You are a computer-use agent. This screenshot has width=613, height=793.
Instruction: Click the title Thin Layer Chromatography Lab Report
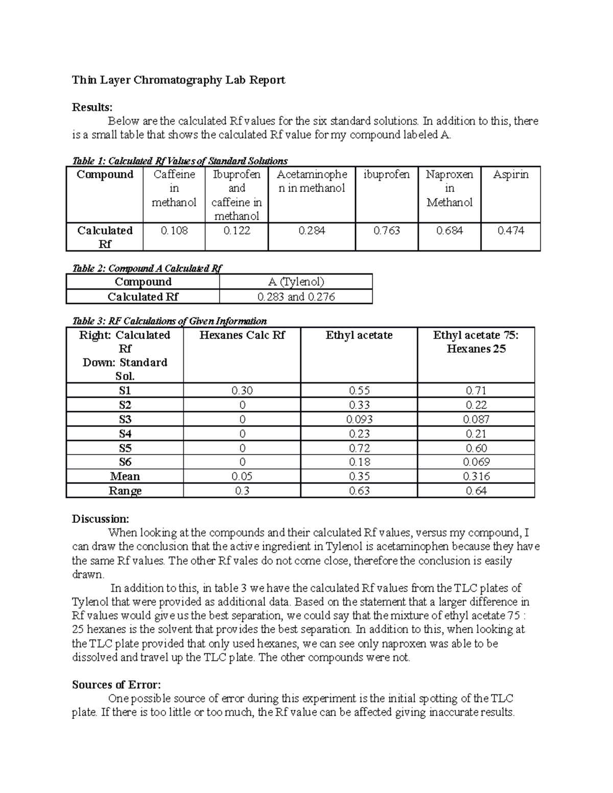pos(178,80)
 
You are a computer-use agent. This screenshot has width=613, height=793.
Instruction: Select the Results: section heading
pos(92,107)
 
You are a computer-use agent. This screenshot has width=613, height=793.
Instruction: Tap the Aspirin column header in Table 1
pos(510,175)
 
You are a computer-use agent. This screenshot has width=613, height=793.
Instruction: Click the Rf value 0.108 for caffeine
pos(174,231)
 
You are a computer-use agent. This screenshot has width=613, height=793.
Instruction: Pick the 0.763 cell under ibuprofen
pos(386,231)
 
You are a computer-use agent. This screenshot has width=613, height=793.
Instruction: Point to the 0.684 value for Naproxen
pos(449,231)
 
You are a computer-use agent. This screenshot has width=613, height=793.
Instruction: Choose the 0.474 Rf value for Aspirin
pos(510,231)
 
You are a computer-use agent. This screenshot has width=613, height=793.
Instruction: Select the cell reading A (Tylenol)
pos(296,282)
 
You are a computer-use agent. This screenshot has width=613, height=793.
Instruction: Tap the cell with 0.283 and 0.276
pos(296,297)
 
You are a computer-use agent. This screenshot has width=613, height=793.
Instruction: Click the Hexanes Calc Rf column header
pos(242,335)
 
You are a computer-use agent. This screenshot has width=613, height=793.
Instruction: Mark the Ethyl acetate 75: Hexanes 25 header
pos(476,342)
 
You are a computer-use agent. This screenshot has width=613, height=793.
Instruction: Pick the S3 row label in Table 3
pos(125,419)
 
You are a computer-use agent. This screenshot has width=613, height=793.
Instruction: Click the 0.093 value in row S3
pos(359,419)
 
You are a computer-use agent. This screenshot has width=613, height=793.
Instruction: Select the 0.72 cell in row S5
pos(359,448)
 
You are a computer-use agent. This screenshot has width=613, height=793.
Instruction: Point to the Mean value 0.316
pos(476,476)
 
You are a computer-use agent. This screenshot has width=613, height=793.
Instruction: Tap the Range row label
pos(125,491)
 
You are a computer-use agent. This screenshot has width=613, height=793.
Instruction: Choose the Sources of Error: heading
pos(116,685)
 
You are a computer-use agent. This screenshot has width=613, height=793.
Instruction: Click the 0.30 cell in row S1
pos(242,391)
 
